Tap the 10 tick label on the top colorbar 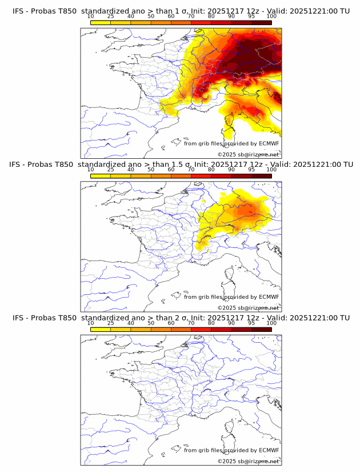pos(90,16)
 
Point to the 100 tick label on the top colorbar pos(271,16)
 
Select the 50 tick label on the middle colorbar pos(151,170)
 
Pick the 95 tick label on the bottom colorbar pos(251,323)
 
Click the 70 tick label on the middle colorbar pos(191,170)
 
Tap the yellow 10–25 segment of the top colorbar pos(101,22)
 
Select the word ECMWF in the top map pos(269,143)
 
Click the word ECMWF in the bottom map pos(269,450)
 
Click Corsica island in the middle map pos(231,274)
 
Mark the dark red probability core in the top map pos(251,60)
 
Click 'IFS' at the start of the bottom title pos(18,318)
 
